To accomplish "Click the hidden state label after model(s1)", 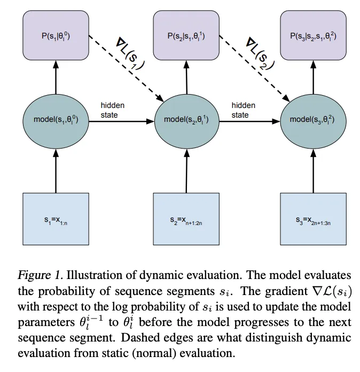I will tap(113, 110).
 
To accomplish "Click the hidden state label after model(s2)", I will tap(243, 110).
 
